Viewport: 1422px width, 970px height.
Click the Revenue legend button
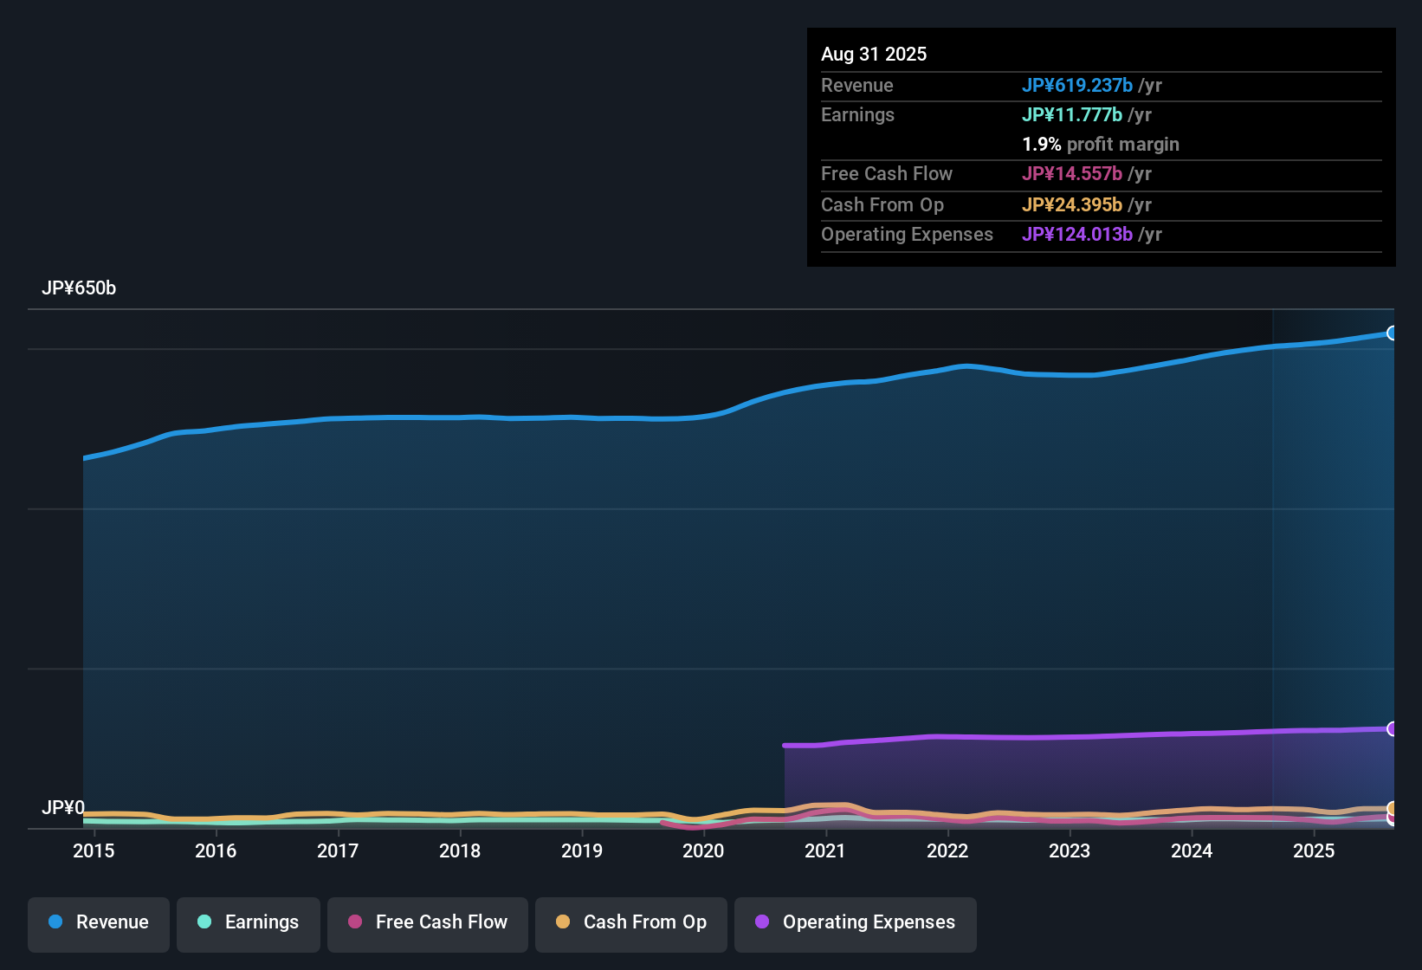pos(99,922)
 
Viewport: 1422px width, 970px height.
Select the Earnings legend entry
pos(249,922)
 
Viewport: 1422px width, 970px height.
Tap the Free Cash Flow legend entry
pos(428,922)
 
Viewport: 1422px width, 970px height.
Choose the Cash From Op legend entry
pos(631,922)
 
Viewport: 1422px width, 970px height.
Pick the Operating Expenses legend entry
pos(856,922)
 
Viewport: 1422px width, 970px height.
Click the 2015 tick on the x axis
pos(94,851)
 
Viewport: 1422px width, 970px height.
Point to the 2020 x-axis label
pos(703,851)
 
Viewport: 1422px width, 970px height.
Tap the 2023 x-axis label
pos(1070,851)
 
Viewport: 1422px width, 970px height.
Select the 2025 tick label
pos(1314,851)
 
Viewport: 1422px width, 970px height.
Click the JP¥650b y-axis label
pos(79,288)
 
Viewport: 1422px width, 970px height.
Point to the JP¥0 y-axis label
pos(63,808)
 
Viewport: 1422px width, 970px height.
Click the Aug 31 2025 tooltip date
pos(874,55)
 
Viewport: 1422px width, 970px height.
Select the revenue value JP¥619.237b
pos(1077,86)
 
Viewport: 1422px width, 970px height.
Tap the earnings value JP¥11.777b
pos(1072,115)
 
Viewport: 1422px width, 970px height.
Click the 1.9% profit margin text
pos(1101,145)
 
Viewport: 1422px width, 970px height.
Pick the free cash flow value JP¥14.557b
pos(1072,174)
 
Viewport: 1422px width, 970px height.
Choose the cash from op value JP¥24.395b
pos(1072,205)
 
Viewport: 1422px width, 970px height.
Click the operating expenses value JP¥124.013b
pos(1077,235)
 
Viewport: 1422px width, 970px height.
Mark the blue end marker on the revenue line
pos(1392,333)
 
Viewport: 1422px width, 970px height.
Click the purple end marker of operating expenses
pos(1392,729)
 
